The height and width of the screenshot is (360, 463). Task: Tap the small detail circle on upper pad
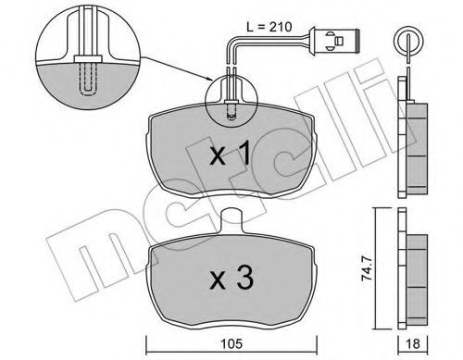click(x=229, y=100)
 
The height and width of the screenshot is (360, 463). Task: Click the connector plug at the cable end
click(x=339, y=43)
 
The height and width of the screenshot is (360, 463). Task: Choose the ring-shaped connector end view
click(x=405, y=40)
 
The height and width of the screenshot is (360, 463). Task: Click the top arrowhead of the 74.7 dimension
click(x=377, y=213)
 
